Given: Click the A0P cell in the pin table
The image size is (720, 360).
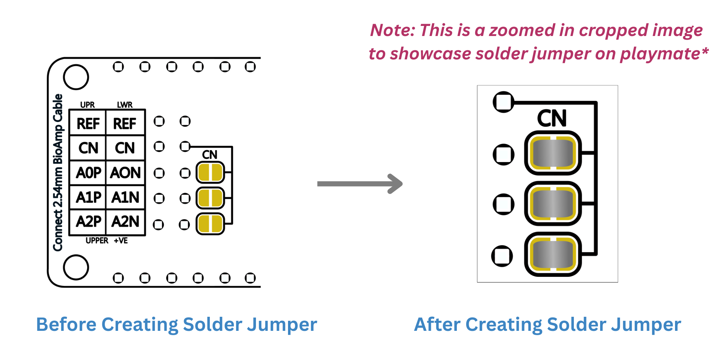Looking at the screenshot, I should click(88, 173).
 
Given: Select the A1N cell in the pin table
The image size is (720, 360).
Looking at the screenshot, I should click(125, 198).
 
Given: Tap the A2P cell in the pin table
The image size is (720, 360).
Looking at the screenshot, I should click(88, 222).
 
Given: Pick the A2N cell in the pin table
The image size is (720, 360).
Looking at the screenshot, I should click(125, 222).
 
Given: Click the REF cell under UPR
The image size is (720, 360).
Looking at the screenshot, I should click(88, 124).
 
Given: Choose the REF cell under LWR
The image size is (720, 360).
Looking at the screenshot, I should click(125, 124).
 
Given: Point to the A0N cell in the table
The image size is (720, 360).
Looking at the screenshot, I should click(125, 173).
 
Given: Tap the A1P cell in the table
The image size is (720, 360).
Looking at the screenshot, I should click(88, 198).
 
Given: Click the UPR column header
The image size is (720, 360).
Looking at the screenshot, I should click(87, 105).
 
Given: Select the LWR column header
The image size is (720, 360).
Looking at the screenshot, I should click(125, 105).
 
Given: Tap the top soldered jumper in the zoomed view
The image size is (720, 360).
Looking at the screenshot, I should click(553, 153).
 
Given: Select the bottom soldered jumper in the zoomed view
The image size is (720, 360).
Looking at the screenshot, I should click(553, 254).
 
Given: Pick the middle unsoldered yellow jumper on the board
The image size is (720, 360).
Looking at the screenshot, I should click(210, 198).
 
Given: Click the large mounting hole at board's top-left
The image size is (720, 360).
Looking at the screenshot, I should click(76, 77).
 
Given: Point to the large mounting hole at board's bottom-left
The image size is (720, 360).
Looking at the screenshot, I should click(76, 267).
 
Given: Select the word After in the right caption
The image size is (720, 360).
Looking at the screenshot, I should click(437, 324).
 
